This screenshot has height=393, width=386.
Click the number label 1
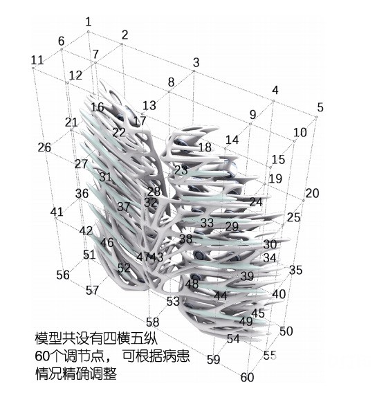tap(89, 22)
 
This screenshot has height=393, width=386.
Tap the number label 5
tap(320, 107)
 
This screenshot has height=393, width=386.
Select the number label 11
tap(37, 60)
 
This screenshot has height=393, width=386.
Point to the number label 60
tap(247, 377)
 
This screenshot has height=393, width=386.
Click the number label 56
tap(63, 275)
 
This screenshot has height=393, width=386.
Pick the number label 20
tap(312, 193)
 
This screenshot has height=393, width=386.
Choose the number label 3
tap(196, 62)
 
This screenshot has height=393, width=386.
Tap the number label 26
tap(44, 147)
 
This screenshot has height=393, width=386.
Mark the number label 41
tap(57, 212)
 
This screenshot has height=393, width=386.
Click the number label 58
tap(153, 322)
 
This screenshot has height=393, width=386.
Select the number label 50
tap(286, 331)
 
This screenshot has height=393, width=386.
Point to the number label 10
tap(300, 132)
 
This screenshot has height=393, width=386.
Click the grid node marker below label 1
tap(89, 32)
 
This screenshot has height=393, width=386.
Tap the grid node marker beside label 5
tap(316, 117)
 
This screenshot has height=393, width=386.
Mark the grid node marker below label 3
tap(194, 71)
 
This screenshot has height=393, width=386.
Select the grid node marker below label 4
tap(273, 101)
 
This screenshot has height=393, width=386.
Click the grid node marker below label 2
tap(122, 44)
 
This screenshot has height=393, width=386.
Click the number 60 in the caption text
tap(42, 356)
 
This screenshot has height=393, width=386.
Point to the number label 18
tap(205, 147)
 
